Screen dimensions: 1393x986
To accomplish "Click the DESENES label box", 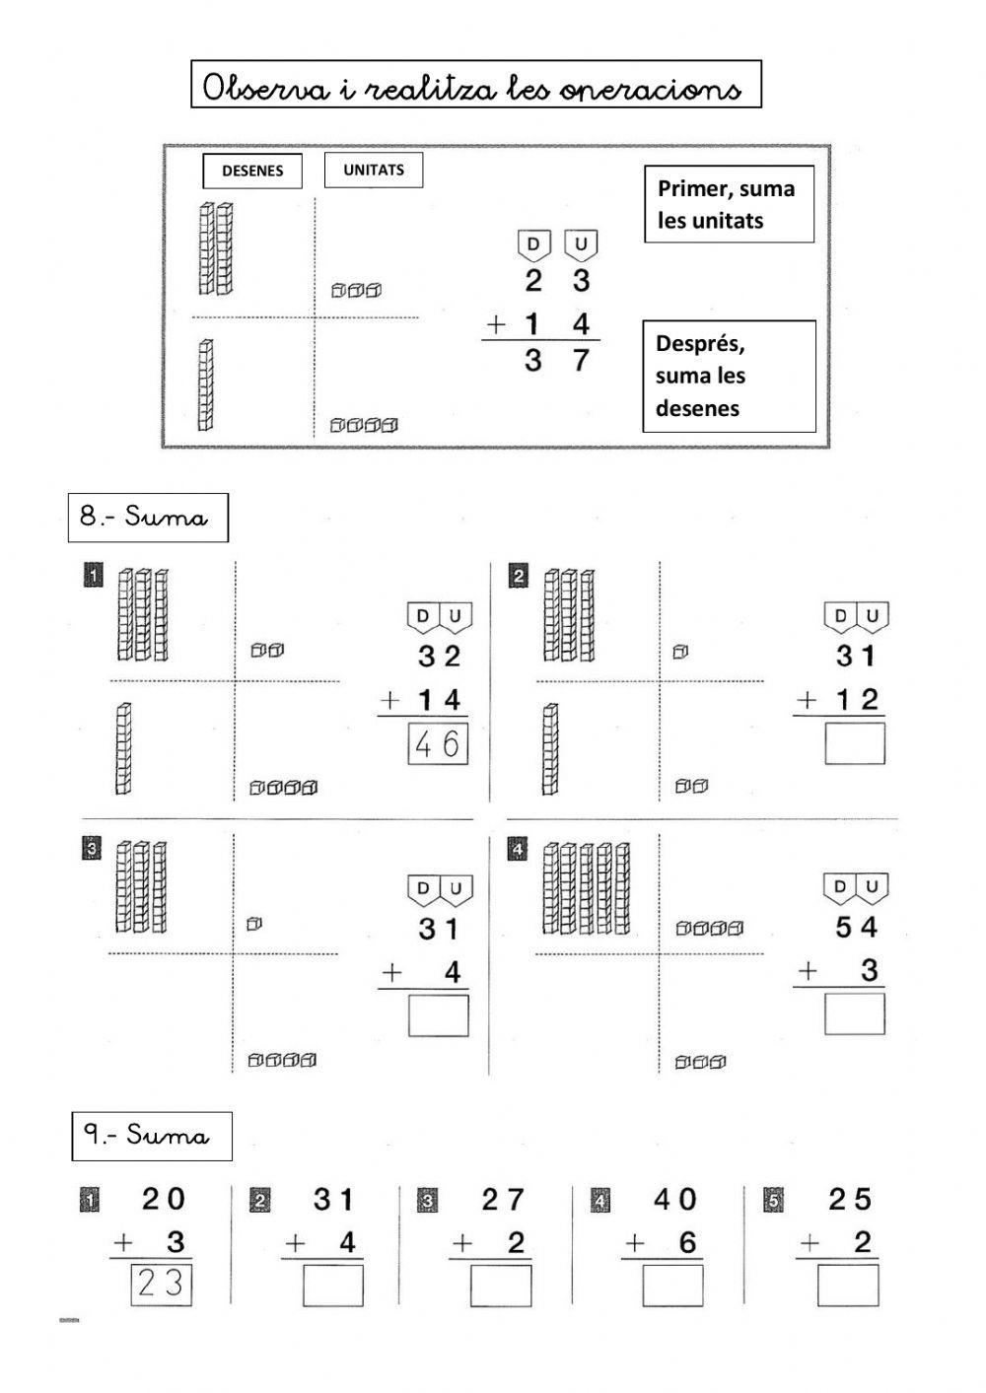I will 252,171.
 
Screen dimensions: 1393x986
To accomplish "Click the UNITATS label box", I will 374,170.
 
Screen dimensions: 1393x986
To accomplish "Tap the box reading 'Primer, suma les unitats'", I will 729,204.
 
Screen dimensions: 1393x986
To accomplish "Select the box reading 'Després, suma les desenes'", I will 729,376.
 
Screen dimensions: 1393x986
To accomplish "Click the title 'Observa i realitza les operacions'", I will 475,86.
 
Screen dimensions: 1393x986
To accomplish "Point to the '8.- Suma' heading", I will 147,518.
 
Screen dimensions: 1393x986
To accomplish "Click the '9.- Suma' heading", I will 152,1136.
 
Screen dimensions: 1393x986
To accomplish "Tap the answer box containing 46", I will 438,744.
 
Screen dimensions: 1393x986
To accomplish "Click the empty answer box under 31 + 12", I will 854,744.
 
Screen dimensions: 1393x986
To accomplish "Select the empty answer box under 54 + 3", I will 854,1013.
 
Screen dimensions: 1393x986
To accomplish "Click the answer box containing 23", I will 161,1285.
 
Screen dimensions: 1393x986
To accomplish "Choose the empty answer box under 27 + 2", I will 501,1286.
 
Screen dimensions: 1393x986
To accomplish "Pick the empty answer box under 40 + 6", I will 672,1286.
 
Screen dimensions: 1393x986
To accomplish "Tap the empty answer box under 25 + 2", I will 847,1286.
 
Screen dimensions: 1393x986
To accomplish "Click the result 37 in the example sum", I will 556,361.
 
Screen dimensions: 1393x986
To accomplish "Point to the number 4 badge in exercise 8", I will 517,849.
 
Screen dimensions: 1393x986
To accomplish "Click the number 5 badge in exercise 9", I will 774,1201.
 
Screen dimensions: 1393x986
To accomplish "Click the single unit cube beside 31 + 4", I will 253,924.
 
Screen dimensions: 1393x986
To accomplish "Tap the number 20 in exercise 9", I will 163,1200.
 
